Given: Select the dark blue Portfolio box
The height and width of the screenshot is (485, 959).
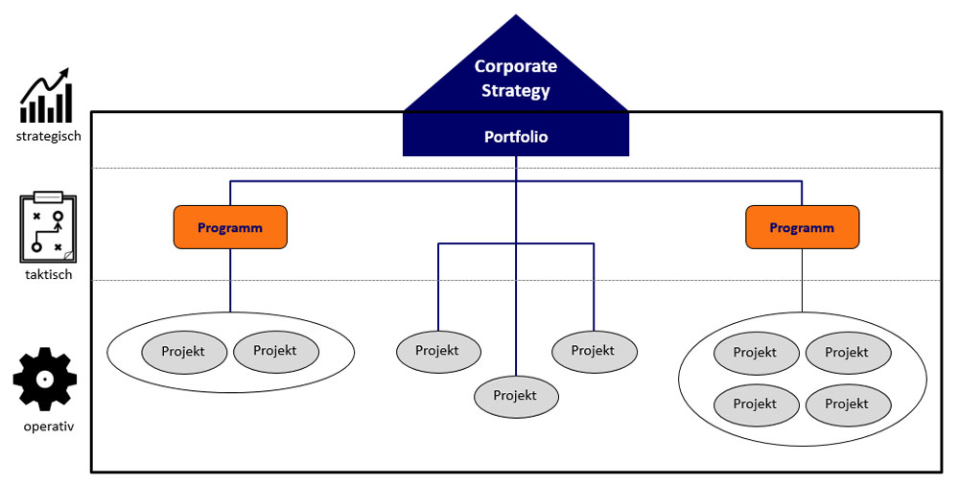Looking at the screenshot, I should point(516,137).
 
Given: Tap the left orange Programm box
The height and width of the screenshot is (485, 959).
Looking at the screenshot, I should point(230,227).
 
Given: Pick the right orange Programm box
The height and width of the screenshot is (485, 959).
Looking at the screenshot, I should point(802,227).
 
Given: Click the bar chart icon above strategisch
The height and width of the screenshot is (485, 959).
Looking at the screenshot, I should point(47,96).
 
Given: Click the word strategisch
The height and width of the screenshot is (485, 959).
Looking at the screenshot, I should point(48,136).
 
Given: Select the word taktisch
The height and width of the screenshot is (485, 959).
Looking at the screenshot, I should point(48,275).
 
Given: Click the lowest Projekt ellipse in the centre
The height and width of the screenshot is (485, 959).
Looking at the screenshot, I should point(516,395).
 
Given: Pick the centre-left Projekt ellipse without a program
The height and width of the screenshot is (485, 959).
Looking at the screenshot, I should point(438,351).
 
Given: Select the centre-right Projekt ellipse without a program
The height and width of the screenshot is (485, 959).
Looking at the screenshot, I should point(594,351).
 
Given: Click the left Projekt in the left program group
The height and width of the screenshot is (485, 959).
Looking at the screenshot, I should point(184,352).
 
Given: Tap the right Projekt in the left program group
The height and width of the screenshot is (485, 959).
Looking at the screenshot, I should point(276,352).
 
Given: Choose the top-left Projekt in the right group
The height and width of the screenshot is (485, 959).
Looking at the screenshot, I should point(756,354).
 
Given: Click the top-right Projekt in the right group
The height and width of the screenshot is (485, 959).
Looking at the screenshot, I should point(848,354).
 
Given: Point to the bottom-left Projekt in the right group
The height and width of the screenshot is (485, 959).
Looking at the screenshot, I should point(756,404).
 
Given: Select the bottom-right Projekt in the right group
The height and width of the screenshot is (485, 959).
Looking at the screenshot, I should point(848,404).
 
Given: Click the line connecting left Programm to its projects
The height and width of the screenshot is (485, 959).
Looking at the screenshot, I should point(230,280).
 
